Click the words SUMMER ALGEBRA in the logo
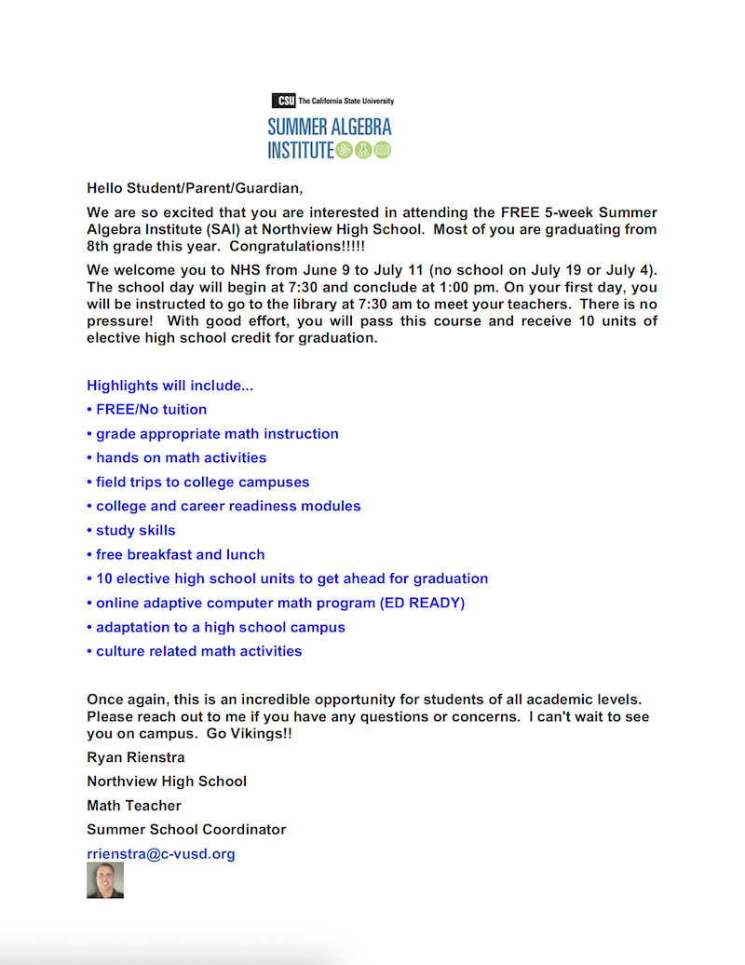pyautogui.click(x=330, y=127)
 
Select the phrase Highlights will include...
pyautogui.click(x=169, y=385)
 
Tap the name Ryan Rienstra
pyautogui.click(x=136, y=757)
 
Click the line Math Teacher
pyautogui.click(x=134, y=805)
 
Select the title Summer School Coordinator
pyautogui.click(x=186, y=829)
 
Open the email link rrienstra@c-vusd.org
pyautogui.click(x=161, y=853)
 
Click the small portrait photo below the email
pyautogui.click(x=105, y=880)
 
